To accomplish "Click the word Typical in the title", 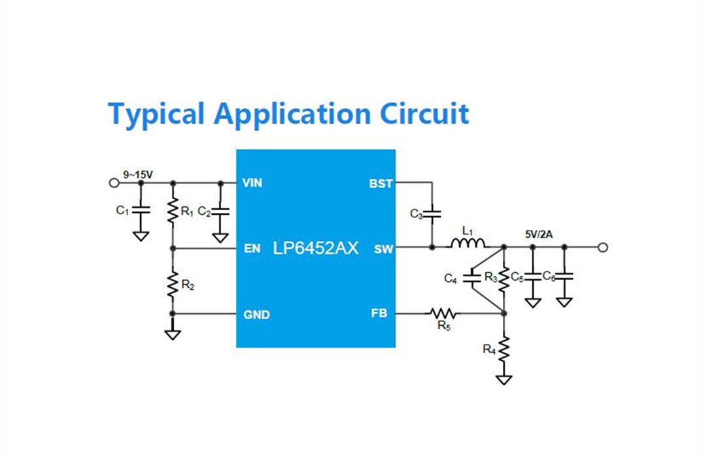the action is tap(156, 114).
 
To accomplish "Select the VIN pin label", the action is tap(252, 183).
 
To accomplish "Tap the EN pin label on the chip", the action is tap(252, 248).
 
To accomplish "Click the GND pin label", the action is tap(256, 315).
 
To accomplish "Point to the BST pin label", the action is tap(381, 183).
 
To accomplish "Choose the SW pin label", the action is tap(383, 249).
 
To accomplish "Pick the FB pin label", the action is tap(379, 313).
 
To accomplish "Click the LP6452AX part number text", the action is tap(316, 248).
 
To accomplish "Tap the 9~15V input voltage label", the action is tap(138, 174).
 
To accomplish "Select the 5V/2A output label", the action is tap(539, 234).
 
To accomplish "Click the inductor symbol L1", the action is tap(468, 244).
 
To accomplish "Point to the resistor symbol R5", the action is tap(443, 313).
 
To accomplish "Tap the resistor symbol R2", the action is tap(173, 284).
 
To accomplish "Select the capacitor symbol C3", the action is tap(432, 213).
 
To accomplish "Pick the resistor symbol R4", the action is tap(504, 350).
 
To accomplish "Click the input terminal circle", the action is tap(114, 183).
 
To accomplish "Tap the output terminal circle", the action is tap(603, 247).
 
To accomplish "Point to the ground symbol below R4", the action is tap(504, 380).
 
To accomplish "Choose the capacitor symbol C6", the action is tap(564, 276).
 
